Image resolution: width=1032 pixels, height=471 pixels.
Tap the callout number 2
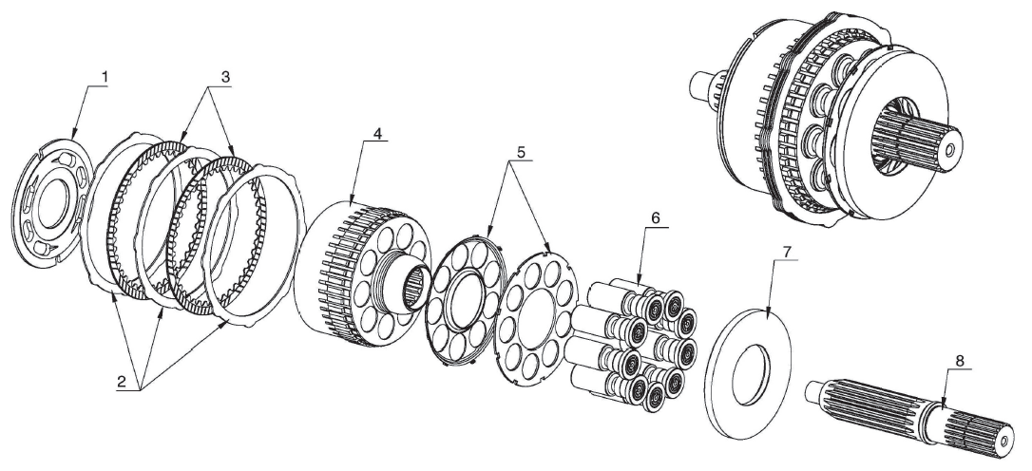click(x=121, y=381)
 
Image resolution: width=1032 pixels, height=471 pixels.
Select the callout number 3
click(x=226, y=76)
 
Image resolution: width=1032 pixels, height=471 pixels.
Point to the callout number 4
click(x=377, y=133)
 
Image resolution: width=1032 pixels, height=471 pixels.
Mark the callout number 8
click(x=959, y=361)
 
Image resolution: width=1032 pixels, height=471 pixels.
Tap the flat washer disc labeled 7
click(x=748, y=371)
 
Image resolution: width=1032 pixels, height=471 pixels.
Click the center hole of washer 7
click(x=750, y=375)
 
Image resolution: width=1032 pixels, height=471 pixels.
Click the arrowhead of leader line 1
click(x=73, y=138)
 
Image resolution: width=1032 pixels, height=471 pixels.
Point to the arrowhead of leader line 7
click(x=767, y=309)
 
